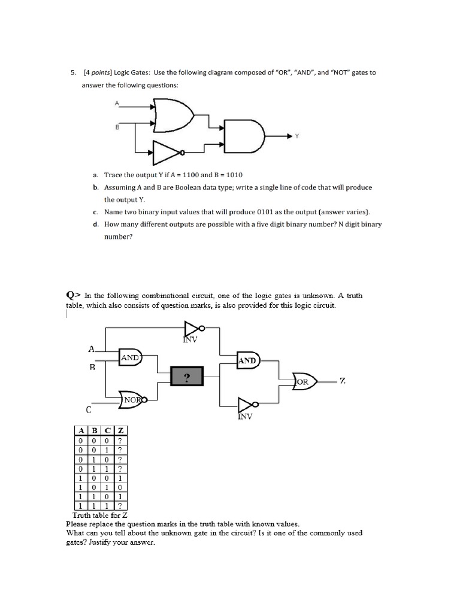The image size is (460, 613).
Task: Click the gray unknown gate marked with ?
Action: pyautogui.click(x=187, y=377)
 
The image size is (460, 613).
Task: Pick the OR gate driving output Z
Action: pyautogui.click(x=304, y=381)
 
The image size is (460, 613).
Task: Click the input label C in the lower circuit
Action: pyautogui.click(x=88, y=410)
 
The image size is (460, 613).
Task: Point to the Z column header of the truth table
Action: pyautogui.click(x=120, y=430)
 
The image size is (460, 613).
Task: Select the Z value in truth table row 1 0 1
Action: pyautogui.click(x=120, y=488)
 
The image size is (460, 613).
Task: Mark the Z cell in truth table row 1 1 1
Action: pyautogui.click(x=120, y=506)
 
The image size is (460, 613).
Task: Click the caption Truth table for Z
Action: pyautogui.click(x=101, y=515)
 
